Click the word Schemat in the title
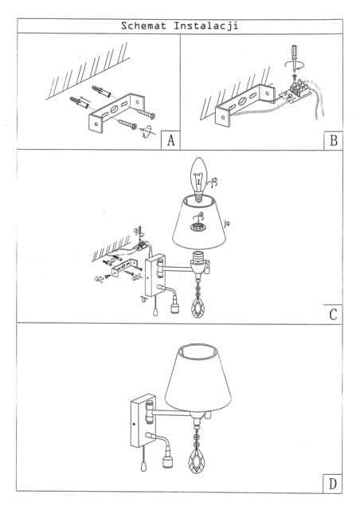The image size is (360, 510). tap(143, 25)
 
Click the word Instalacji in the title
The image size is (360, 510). tap(205, 26)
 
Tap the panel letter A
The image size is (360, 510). tap(171, 140)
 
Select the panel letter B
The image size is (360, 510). tap(334, 140)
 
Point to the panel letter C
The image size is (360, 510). tap(333, 315)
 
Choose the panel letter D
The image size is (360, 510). tap(333, 484)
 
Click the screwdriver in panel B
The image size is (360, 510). tap(295, 57)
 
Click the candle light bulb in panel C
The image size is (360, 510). tap(198, 178)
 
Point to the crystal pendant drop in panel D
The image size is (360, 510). tap(195, 461)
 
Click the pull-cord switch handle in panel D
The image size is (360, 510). tap(143, 467)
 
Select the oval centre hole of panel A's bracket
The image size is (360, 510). tap(115, 109)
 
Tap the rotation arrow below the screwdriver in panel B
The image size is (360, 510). tap(295, 65)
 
